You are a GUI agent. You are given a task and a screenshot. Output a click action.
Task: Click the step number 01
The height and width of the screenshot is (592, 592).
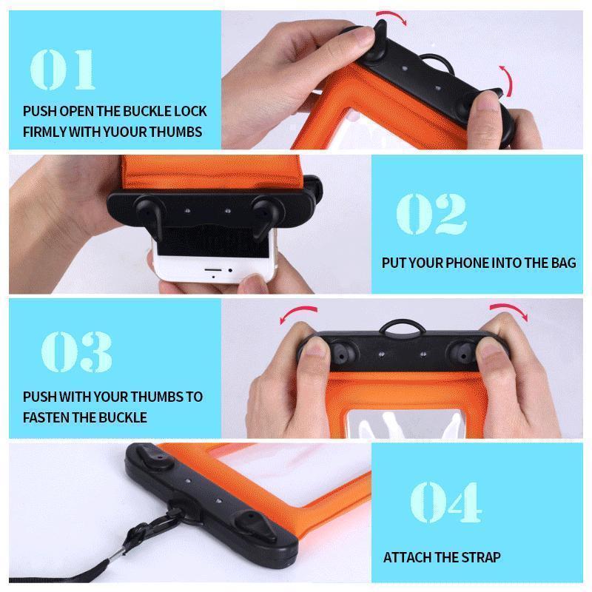tap(63, 68)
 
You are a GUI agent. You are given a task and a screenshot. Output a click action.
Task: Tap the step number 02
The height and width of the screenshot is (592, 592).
tap(431, 214)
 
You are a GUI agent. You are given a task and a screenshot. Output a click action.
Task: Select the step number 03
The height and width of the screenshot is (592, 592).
tap(76, 352)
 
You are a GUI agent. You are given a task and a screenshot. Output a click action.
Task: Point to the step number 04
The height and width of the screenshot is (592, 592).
tap(445, 501)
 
